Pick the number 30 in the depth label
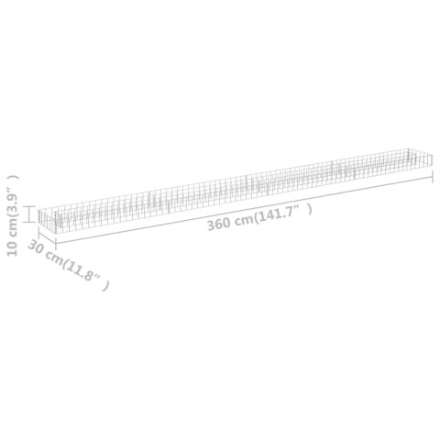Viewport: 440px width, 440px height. (x=36, y=249)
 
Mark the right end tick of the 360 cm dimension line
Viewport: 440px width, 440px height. (x=431, y=177)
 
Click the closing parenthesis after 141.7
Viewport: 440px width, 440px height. (x=309, y=209)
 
